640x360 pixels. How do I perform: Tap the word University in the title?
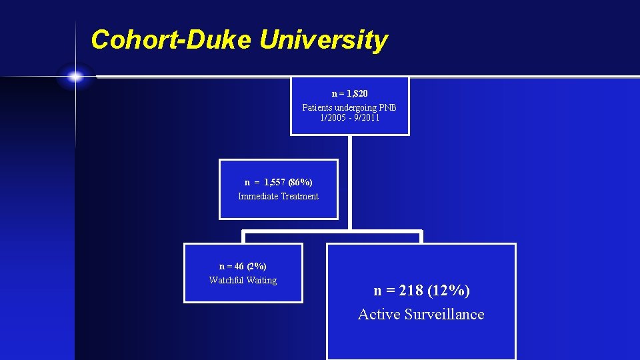click(323, 40)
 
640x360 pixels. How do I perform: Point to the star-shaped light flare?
click(75, 77)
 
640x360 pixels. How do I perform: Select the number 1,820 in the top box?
click(357, 94)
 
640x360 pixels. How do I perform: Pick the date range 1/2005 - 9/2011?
click(349, 117)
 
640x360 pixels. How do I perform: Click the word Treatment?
click(300, 197)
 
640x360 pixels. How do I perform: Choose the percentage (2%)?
click(256, 266)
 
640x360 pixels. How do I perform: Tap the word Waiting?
click(262, 280)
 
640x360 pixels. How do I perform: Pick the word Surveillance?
click(443, 315)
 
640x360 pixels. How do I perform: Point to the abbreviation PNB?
click(388, 107)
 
